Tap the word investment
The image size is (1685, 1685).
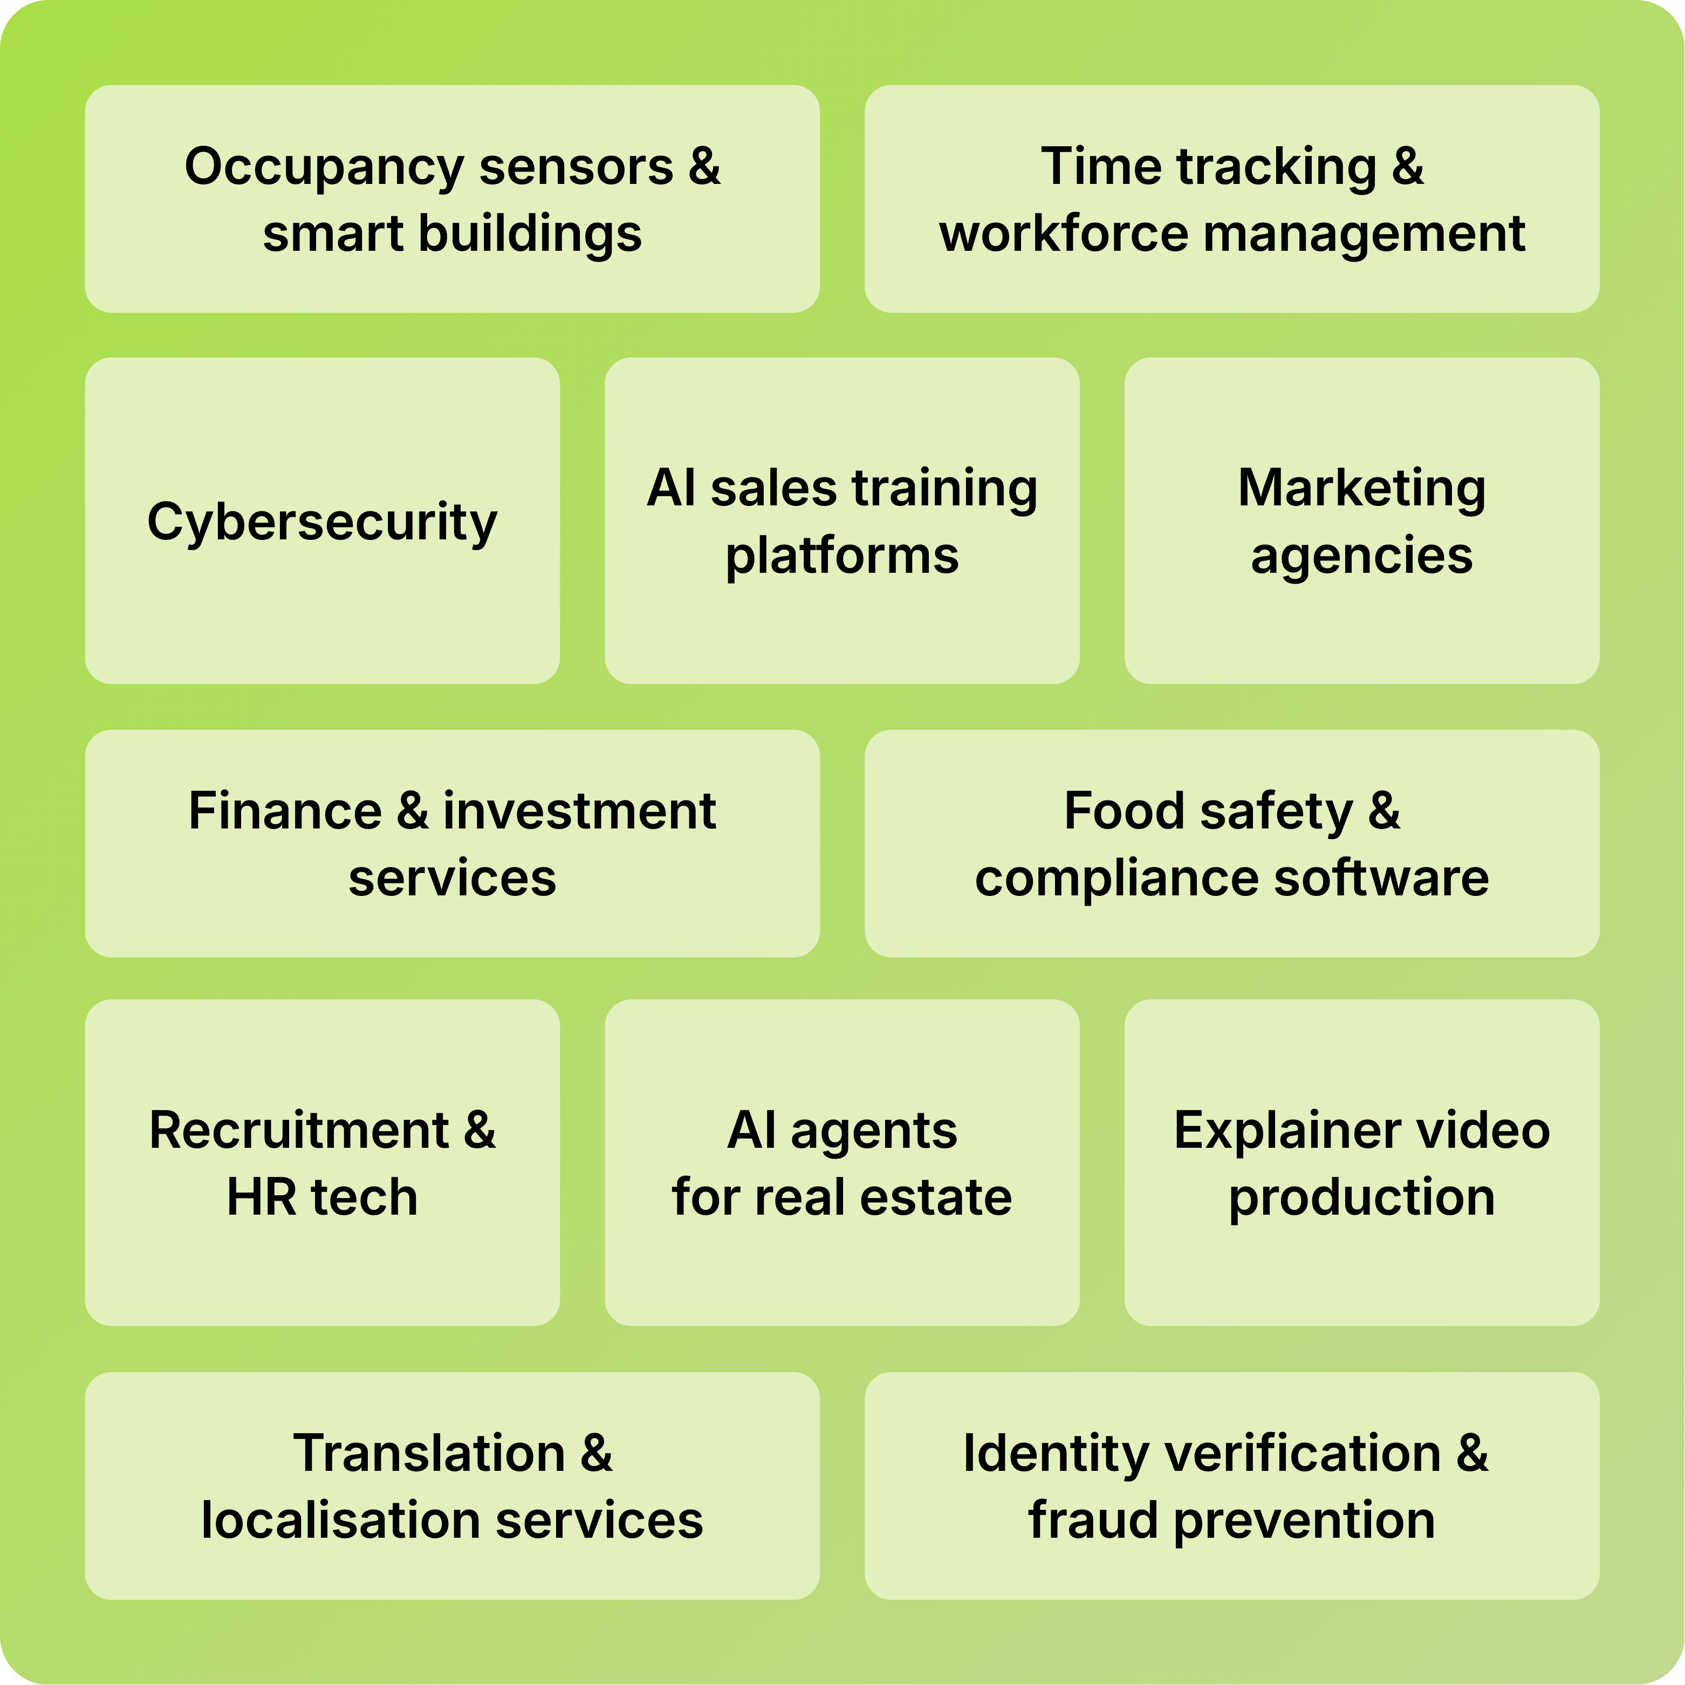click(580, 811)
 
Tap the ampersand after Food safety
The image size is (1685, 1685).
click(1384, 811)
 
